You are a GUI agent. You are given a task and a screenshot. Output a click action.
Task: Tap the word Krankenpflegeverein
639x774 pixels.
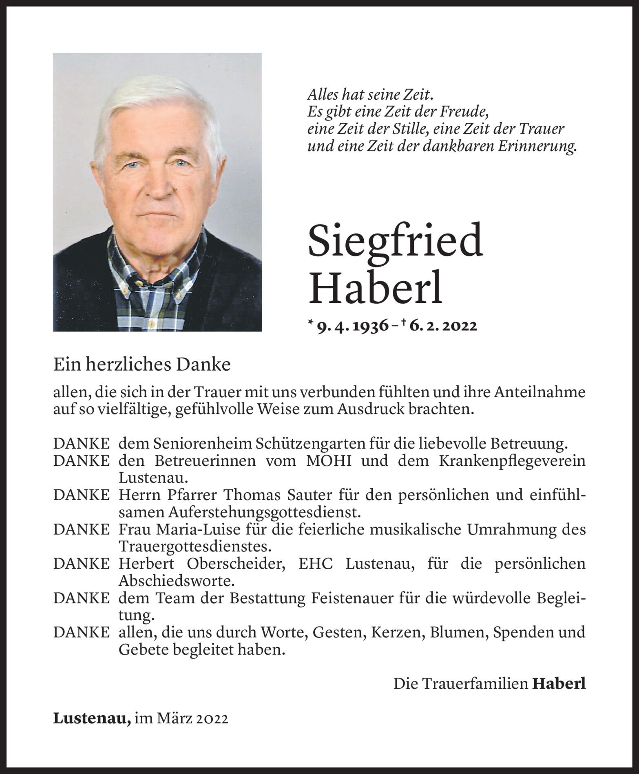[x=512, y=461]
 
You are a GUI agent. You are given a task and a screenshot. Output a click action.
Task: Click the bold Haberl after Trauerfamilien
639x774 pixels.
[x=559, y=684]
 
